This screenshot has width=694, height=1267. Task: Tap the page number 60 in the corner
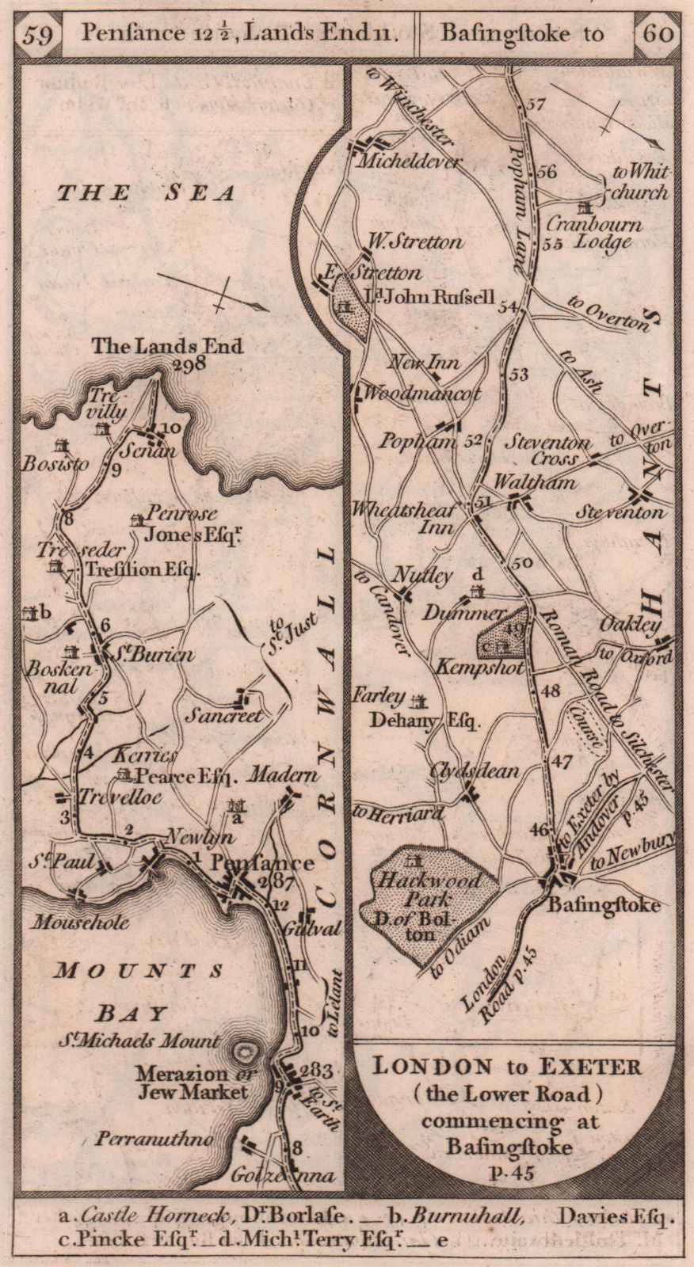pyautogui.click(x=658, y=33)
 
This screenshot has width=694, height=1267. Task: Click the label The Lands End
pyautogui.click(x=167, y=346)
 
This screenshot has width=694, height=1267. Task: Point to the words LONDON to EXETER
pyautogui.click(x=507, y=1066)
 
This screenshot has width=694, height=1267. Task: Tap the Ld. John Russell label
pyautogui.click(x=429, y=298)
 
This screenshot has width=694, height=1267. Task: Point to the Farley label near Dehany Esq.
pyautogui.click(x=380, y=696)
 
